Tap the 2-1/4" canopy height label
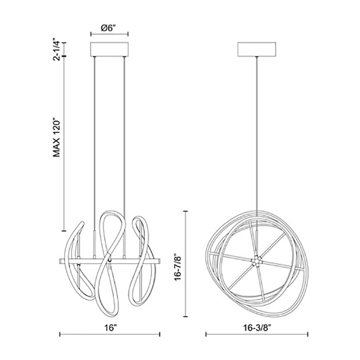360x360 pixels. (x=57, y=50)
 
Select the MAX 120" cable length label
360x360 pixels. (x=57, y=138)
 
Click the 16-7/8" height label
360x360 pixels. (x=178, y=267)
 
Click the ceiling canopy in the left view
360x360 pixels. (x=109, y=49)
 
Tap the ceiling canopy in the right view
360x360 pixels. (x=257, y=49)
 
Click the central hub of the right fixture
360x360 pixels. (x=256, y=261)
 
